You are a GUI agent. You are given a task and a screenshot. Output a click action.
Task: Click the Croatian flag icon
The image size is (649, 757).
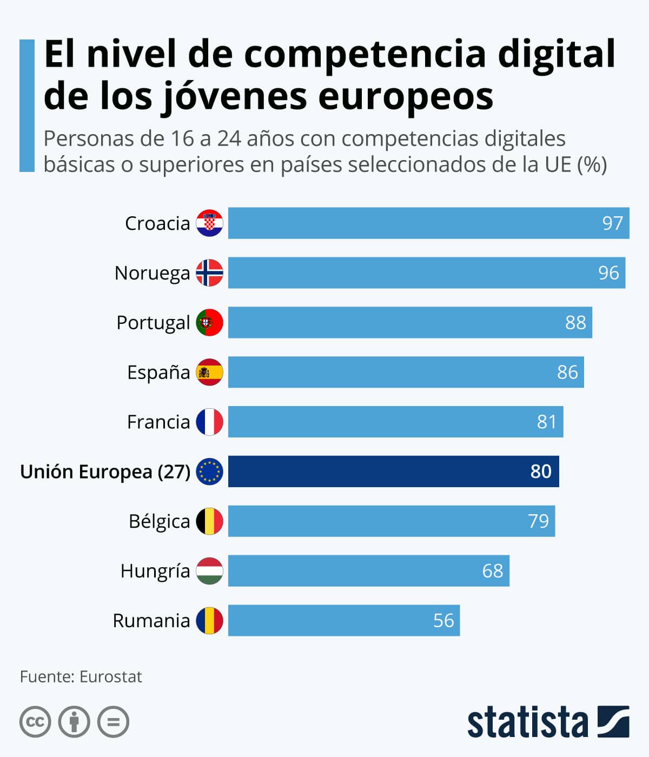pos(209,223)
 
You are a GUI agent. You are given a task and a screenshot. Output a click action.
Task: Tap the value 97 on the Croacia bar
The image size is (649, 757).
pos(612,223)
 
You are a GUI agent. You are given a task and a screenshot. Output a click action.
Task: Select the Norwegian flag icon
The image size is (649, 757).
pos(209,273)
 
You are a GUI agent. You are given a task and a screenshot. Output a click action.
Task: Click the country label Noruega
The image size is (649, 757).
pos(152,273)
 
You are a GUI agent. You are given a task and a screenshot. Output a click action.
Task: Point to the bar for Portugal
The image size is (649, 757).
pos(409,322)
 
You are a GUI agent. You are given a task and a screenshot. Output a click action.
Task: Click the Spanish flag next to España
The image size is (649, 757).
pos(209,372)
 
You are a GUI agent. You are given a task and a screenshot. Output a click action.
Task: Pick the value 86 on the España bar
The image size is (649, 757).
pos(567,372)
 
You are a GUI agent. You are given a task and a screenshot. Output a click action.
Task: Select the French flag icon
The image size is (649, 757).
pos(209,422)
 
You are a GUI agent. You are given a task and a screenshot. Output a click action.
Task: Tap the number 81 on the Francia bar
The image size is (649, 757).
pos(546,422)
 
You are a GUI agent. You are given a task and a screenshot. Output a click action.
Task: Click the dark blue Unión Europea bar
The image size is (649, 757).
pos(393,472)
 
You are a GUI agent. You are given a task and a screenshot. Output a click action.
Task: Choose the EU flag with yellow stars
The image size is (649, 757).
pos(209,472)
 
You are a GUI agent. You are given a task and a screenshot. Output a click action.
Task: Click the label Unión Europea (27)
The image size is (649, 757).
pos(105,472)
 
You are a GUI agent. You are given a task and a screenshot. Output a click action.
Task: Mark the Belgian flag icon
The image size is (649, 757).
pos(209,521)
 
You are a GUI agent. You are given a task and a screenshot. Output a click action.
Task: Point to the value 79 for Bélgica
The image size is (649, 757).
pos(538,521)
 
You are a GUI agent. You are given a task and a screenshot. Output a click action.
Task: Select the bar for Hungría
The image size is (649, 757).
pos(368,571)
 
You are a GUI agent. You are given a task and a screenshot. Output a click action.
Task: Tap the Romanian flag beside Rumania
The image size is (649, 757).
pos(209,620)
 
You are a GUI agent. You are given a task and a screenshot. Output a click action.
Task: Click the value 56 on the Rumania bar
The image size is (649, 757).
pos(443,620)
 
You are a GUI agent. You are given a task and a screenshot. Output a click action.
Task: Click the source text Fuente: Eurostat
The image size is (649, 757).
pos(81,677)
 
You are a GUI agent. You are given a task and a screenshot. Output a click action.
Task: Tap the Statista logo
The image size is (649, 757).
pos(548,722)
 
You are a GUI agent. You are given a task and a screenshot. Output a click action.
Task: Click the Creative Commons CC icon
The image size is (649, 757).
pos(35,722)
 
